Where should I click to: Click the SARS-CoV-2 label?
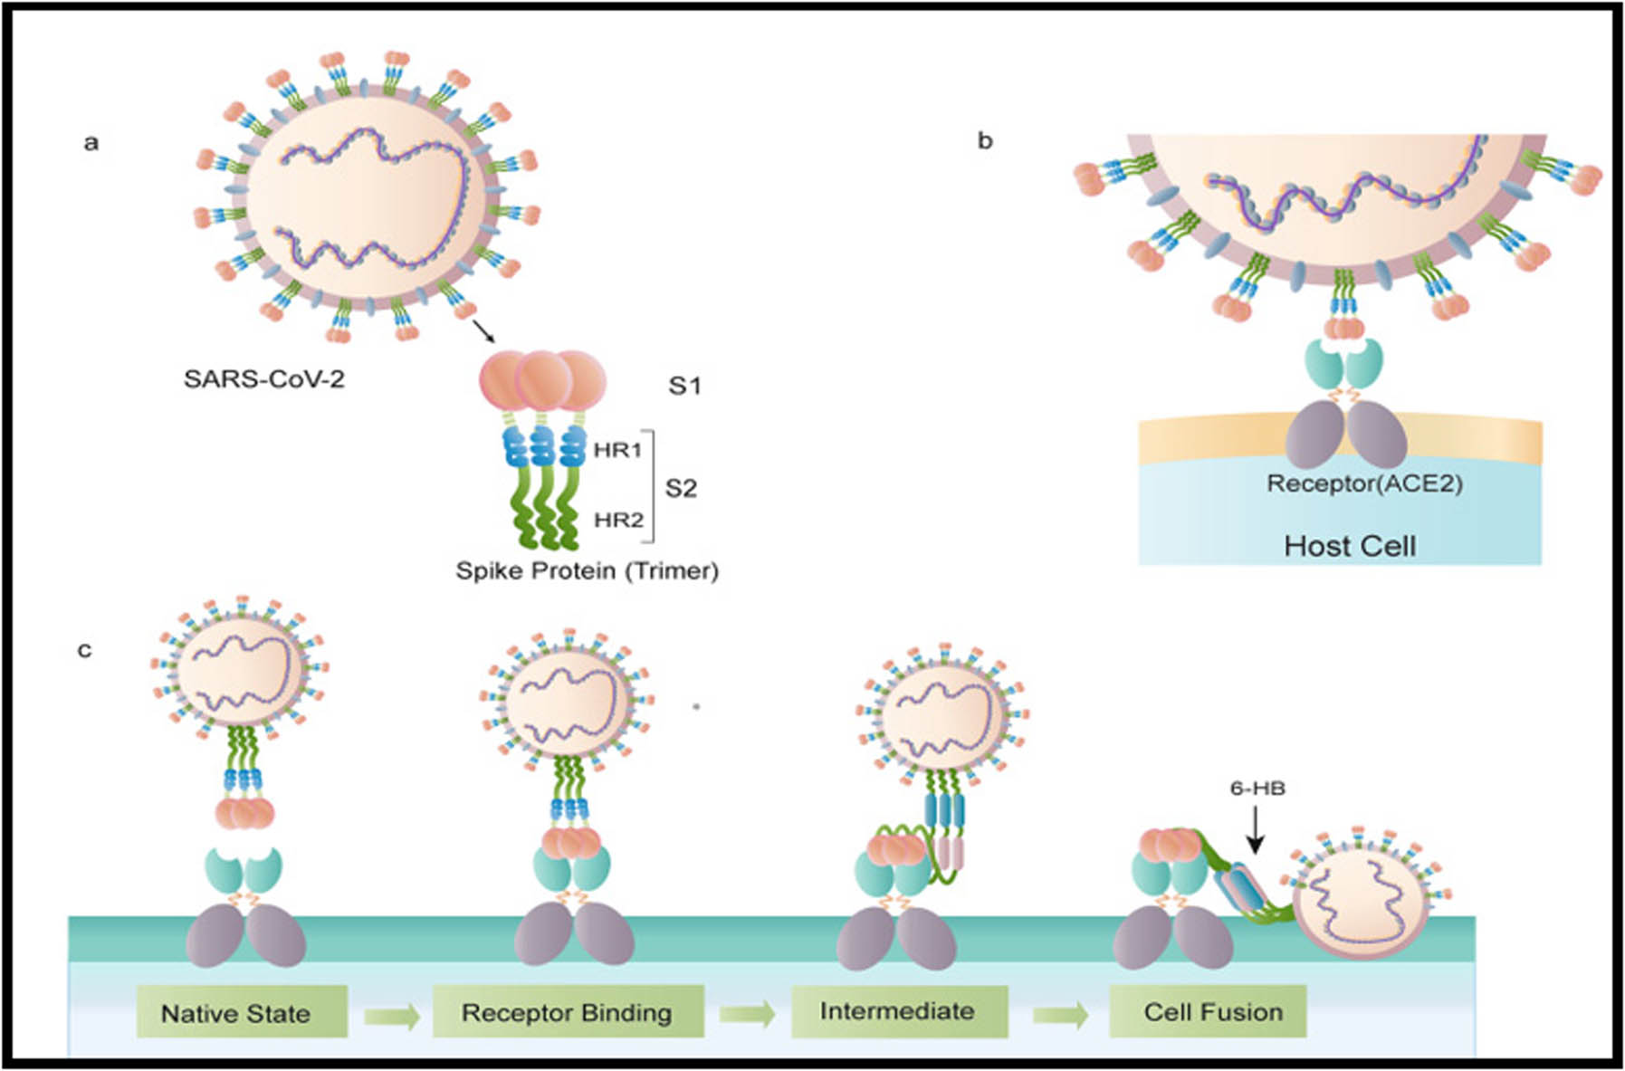point(263,378)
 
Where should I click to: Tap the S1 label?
point(684,386)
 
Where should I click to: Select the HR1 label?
point(617,450)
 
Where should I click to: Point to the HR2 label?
point(618,520)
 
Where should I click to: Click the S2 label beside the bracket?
point(681,489)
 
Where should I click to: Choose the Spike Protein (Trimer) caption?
point(587,571)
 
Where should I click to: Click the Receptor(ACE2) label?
point(1364,483)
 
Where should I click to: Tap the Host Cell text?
point(1350,546)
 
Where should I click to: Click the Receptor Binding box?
point(568,1012)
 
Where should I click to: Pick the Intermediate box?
point(898,1011)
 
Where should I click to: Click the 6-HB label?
point(1257,789)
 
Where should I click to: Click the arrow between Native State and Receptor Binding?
point(392,1015)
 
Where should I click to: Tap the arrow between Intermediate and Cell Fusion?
point(1060,1015)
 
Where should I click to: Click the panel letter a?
point(91,143)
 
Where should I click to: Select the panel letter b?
point(985,141)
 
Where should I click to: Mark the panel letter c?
point(84,650)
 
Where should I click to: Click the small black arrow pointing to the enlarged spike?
point(484,331)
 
